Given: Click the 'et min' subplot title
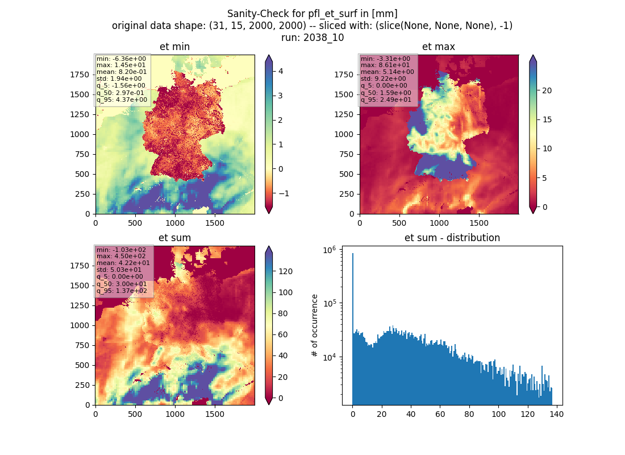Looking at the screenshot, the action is pos(174,47).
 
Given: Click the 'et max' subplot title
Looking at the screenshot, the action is pos(439,47).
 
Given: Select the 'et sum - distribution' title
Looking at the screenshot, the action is pos(452,238).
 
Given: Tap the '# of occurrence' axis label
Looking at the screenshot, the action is pos(315,326).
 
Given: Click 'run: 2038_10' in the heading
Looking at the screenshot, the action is pos(312,38).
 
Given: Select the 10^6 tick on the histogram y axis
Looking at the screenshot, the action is pos(329,250).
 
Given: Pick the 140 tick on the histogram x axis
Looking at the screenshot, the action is pos(556,414).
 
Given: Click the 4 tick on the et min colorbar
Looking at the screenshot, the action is pos(281,71).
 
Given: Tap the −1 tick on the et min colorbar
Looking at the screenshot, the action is pos(284,193).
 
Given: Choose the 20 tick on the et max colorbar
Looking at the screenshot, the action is pos(547,90).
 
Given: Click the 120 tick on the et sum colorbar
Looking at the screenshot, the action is pos(286,271).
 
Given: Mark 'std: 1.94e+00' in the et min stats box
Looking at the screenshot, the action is pos(119,78).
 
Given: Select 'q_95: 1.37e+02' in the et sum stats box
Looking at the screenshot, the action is pos(122,291).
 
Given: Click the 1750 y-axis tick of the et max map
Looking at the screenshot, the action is pos(344,75).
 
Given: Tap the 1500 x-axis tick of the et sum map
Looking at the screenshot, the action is pos(214,414).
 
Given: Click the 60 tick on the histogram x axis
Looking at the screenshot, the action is pos(440,414).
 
